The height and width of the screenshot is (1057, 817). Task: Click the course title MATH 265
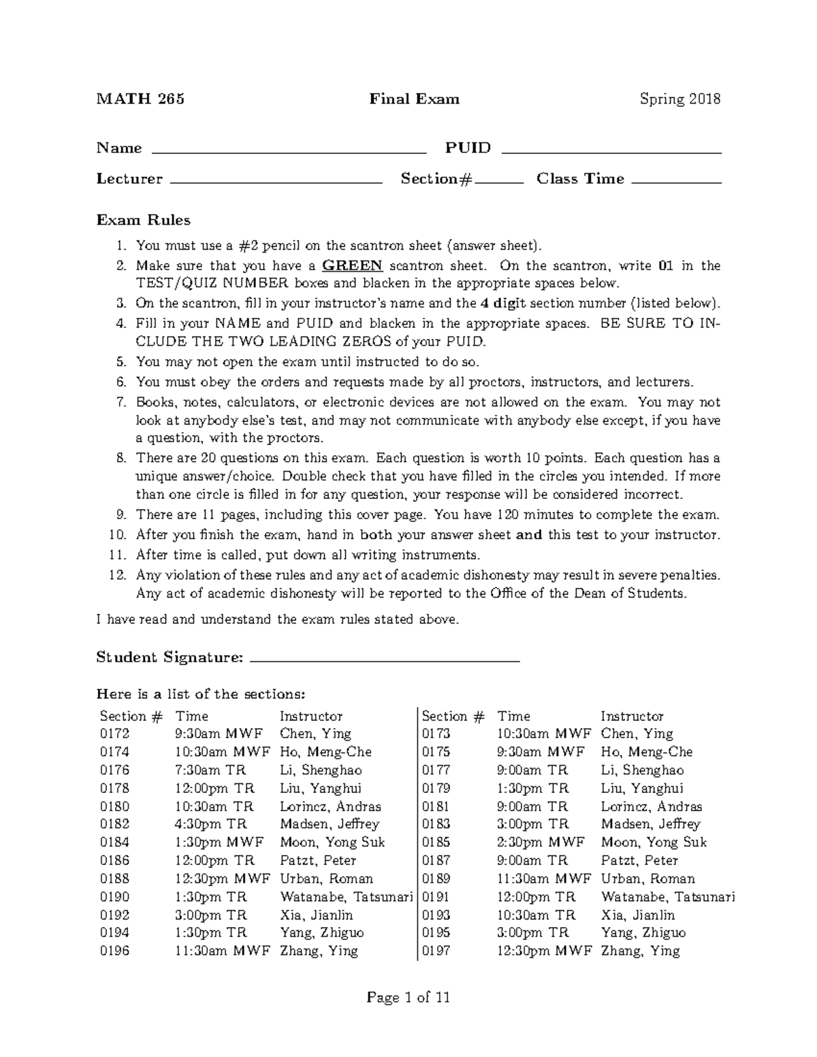click(140, 99)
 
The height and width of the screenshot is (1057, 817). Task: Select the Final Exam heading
click(414, 99)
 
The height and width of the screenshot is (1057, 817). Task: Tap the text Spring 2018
click(679, 99)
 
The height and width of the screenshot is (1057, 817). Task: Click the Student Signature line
click(385, 659)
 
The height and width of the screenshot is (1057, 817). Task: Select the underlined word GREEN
click(352, 265)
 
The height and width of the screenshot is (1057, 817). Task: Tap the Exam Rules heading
click(143, 220)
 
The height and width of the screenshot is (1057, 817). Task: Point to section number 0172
click(114, 734)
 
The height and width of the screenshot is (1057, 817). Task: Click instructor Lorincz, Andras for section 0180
click(330, 807)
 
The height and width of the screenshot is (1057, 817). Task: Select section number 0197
click(436, 951)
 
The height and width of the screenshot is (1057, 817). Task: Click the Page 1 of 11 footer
click(408, 998)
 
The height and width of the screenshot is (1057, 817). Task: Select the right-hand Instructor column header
click(631, 716)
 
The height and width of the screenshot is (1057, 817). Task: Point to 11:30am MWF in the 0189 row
click(544, 879)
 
